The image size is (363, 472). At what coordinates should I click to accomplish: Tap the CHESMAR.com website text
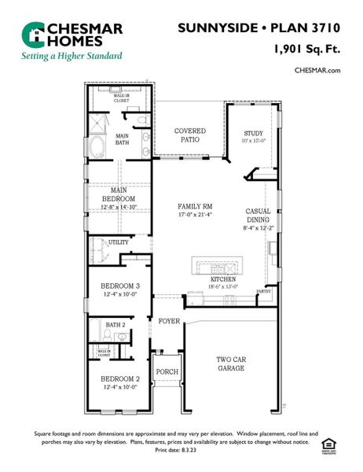click(x=317, y=70)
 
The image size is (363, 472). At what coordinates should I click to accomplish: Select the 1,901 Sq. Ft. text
click(x=306, y=49)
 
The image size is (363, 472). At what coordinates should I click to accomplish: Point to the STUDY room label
click(x=253, y=134)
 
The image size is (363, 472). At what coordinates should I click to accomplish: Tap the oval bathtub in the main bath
click(x=99, y=147)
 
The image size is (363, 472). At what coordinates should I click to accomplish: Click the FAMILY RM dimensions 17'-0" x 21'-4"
click(x=196, y=214)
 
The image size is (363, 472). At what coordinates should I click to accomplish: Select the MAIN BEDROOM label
click(x=119, y=194)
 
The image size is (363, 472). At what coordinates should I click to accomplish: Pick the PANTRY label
click(x=264, y=291)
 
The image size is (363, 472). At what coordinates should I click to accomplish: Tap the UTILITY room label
click(x=119, y=242)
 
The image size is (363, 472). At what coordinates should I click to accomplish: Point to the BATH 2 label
click(x=115, y=324)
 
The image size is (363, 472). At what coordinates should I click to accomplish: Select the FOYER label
click(x=169, y=321)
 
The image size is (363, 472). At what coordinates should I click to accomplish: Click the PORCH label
click(x=167, y=372)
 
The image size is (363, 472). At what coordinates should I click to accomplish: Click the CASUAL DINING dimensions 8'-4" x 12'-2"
click(x=258, y=228)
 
